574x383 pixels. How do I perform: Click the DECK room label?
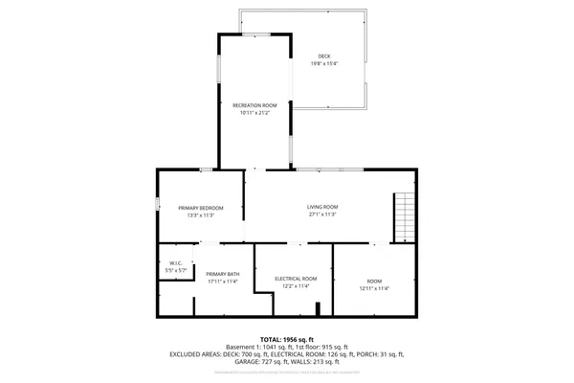(x=324, y=56)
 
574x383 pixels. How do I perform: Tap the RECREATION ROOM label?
(x=255, y=105)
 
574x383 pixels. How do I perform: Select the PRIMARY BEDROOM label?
(x=201, y=208)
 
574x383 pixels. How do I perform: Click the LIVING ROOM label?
(x=322, y=207)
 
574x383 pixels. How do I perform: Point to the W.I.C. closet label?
(x=176, y=263)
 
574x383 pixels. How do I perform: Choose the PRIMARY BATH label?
(x=222, y=275)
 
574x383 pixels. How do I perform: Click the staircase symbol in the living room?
(x=406, y=216)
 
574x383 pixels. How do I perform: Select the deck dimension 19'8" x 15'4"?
(x=324, y=64)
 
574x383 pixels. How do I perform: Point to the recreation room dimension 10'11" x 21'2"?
(x=255, y=113)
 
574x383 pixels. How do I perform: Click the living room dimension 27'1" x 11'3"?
(x=322, y=214)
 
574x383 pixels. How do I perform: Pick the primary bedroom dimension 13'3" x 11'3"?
(x=201, y=215)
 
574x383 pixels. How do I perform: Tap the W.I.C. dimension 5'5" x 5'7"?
(x=176, y=271)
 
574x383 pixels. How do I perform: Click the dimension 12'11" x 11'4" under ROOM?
(x=374, y=288)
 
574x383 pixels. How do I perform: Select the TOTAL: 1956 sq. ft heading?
(x=286, y=339)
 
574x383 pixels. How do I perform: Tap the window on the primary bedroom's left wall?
(x=158, y=203)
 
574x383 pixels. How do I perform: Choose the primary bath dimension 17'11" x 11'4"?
(x=222, y=282)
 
